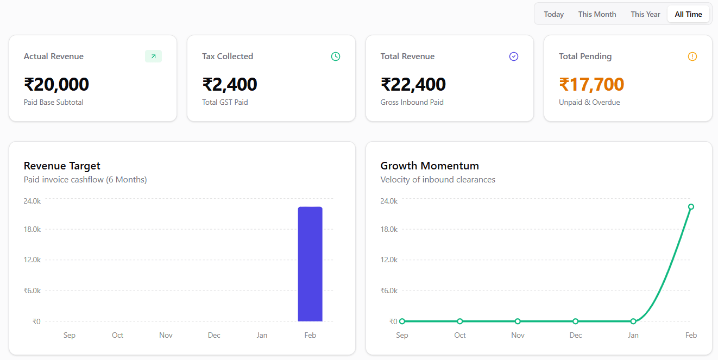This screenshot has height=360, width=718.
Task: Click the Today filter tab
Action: point(553,14)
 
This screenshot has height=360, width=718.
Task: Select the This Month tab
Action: point(597,14)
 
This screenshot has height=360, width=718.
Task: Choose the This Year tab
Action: point(645,14)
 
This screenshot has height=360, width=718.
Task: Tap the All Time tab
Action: point(688,14)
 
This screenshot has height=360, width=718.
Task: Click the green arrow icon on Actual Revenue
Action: point(153,56)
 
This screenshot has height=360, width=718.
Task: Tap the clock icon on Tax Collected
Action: point(336,56)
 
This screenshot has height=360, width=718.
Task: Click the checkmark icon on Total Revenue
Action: point(514,56)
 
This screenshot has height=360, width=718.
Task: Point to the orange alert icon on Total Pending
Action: point(692,56)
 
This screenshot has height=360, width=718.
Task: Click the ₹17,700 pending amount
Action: point(591,85)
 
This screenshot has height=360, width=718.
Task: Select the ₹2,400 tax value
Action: point(230,85)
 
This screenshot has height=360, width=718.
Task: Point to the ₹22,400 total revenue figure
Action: point(413,85)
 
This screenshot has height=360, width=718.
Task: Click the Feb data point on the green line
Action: point(691,206)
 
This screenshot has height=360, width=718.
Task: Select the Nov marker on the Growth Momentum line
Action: point(518,321)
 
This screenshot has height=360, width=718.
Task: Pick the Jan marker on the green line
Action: point(633,321)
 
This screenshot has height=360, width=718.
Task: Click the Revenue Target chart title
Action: point(62,166)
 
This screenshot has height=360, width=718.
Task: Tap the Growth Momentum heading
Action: point(430,166)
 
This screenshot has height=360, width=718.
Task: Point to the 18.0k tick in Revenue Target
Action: point(32,229)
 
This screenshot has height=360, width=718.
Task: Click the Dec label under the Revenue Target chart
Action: point(214,335)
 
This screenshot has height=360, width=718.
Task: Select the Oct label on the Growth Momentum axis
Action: point(460,335)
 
